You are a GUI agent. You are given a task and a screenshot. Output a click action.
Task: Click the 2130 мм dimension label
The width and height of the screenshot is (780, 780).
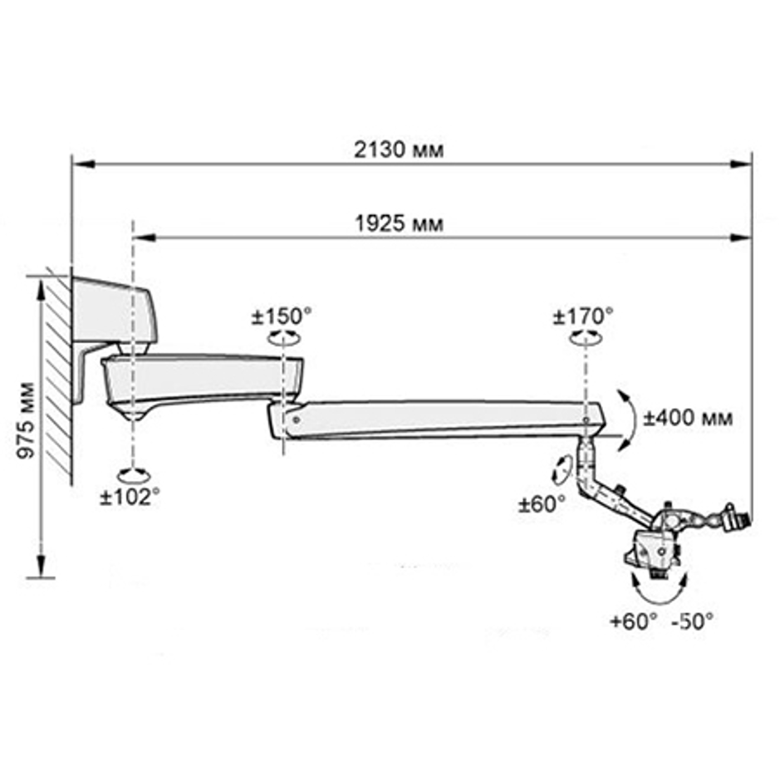[399, 150]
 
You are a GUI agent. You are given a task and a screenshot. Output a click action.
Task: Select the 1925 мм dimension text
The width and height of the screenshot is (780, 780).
[399, 223]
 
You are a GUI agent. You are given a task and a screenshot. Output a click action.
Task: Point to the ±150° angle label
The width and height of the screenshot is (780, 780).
[282, 316]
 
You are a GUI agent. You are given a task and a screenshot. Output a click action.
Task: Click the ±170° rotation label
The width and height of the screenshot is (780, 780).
[583, 316]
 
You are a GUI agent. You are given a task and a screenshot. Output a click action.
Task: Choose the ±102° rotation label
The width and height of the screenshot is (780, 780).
[130, 497]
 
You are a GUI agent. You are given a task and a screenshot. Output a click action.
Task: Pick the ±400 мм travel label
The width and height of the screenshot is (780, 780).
[688, 418]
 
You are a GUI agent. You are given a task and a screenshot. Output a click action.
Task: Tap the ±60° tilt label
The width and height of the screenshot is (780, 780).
[542, 504]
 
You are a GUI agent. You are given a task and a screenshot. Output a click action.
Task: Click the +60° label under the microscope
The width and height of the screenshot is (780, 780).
[634, 621]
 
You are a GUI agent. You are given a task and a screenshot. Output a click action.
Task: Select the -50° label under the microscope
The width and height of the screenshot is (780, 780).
[693, 621]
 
